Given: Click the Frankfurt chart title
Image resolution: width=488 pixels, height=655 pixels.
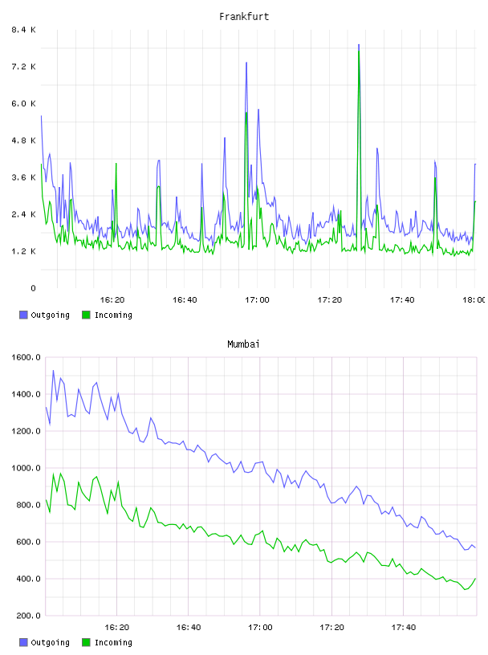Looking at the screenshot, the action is (x=244, y=17).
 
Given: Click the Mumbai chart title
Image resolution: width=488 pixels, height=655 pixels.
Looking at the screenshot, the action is (x=243, y=344).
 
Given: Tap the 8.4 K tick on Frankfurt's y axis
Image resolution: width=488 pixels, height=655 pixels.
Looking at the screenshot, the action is (x=23, y=30).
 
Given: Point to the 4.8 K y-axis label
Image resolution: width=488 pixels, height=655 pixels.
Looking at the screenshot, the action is (x=23, y=140).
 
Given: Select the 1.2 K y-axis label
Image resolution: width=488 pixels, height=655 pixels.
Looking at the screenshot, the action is (x=23, y=251).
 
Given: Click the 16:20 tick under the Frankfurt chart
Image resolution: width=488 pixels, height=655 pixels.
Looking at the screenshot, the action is (x=112, y=299).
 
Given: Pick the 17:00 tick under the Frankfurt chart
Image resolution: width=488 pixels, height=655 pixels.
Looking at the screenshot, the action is (x=257, y=299).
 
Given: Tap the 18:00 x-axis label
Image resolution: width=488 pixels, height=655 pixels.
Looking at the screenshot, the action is (x=474, y=299).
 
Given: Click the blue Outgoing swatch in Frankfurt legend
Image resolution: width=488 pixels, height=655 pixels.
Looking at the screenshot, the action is (x=23, y=315).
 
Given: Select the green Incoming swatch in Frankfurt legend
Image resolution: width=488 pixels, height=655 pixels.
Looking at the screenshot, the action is (x=86, y=315).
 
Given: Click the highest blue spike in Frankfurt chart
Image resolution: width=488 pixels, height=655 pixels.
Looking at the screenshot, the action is (x=359, y=45).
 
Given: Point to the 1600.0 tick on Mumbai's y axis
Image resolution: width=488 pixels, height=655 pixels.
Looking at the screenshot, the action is (x=26, y=357).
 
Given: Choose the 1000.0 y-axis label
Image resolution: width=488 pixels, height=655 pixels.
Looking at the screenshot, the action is (x=26, y=468).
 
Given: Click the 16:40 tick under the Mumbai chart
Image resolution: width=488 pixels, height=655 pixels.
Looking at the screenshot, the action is (x=189, y=627).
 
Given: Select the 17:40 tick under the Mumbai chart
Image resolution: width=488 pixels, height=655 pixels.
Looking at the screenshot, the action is (x=404, y=627).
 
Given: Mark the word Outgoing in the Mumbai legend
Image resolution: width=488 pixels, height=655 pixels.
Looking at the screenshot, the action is (x=50, y=642).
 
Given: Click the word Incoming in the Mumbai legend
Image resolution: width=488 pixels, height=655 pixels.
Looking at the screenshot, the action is (x=113, y=642).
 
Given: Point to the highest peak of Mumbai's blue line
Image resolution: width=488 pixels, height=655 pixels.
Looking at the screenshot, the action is (x=53, y=371).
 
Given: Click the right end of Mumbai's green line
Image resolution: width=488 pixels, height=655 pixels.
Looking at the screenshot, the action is (x=475, y=579).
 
